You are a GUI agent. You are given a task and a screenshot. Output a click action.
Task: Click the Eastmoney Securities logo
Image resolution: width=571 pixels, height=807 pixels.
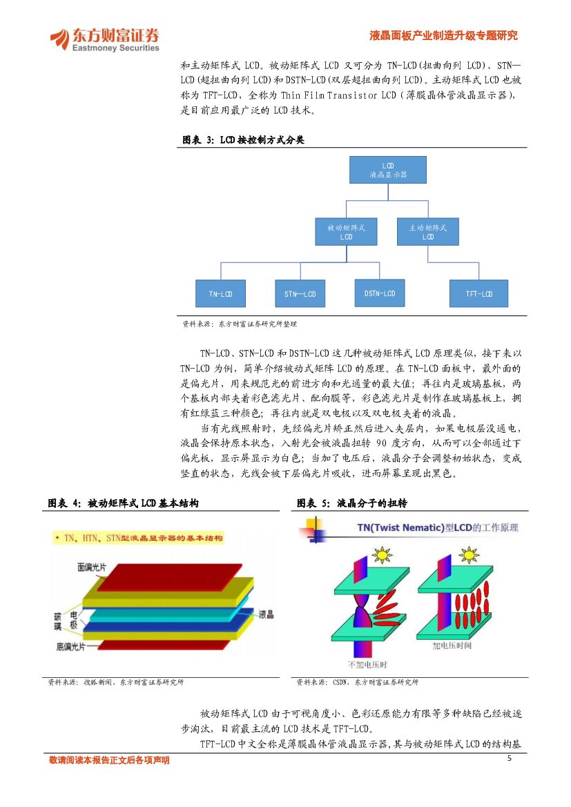click(104, 39)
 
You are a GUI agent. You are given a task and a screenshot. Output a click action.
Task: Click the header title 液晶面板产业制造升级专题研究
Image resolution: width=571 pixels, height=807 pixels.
click(443, 36)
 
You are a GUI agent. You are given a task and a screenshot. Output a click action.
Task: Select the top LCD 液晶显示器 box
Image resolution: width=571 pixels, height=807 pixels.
click(387, 170)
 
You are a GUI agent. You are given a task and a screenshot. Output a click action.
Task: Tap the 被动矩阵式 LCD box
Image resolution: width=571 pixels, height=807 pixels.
click(346, 231)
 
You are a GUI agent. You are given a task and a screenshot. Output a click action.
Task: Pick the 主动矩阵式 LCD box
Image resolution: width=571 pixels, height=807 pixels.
click(428, 231)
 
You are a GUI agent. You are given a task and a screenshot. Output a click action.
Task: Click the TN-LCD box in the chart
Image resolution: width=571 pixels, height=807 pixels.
click(220, 293)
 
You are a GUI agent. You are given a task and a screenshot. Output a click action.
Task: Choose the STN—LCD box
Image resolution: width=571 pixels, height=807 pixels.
click(300, 293)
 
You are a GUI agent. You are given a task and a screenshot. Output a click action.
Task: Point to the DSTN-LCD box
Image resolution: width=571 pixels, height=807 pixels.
click(379, 293)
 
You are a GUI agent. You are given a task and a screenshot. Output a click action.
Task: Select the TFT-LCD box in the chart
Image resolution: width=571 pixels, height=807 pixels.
click(478, 293)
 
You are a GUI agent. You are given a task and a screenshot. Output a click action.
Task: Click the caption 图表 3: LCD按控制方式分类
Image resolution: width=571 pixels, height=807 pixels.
click(243, 140)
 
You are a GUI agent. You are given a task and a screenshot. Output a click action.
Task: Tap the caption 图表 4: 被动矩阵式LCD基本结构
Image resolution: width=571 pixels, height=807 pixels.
click(123, 504)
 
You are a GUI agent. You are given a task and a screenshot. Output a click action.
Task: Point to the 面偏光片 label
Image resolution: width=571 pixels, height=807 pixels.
click(91, 567)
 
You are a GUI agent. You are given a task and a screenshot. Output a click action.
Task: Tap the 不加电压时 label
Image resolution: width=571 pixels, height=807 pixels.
click(367, 664)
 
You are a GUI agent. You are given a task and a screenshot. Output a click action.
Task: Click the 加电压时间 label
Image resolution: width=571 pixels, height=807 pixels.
click(452, 646)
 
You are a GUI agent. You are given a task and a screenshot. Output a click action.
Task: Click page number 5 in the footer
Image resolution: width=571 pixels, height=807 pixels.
click(510, 759)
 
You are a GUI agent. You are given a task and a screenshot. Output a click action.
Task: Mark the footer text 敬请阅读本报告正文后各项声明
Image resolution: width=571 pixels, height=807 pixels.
click(109, 760)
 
